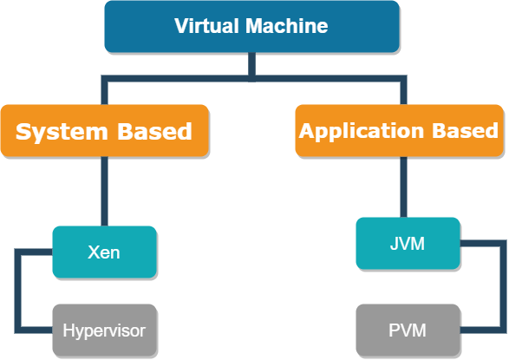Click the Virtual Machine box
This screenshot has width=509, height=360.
click(x=251, y=26)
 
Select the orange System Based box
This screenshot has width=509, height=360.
click(x=104, y=131)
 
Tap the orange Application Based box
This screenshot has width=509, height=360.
click(x=399, y=131)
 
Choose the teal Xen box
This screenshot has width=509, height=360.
click(x=104, y=252)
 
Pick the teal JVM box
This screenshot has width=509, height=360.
click(x=408, y=244)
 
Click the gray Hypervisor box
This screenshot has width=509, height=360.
click(x=104, y=331)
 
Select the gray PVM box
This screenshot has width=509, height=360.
click(x=408, y=331)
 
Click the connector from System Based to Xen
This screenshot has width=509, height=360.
click(x=104, y=191)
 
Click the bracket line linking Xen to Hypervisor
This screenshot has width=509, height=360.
click(x=17, y=291)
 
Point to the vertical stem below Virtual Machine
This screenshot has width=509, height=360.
click(x=251, y=65)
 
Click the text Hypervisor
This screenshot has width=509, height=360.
click(x=104, y=331)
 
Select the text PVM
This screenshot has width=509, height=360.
click(x=408, y=331)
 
